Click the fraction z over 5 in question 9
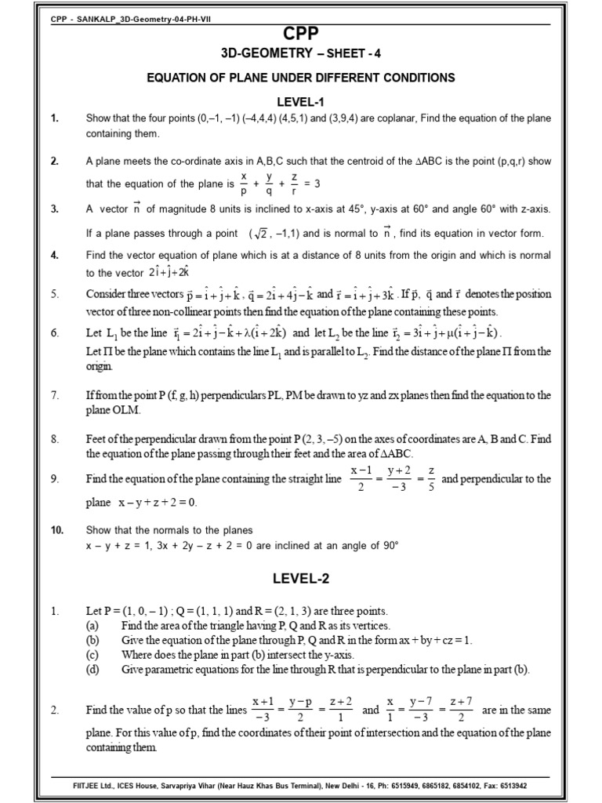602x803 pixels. point(430,479)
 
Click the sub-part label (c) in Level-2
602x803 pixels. point(92,654)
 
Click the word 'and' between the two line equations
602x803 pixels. point(371,710)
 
